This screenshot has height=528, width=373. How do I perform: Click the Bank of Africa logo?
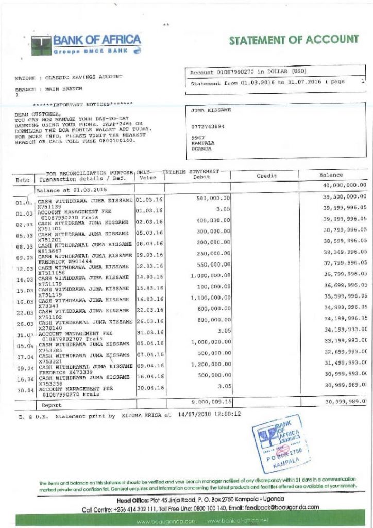tap(86, 45)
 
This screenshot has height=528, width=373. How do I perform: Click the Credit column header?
tap(266, 176)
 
